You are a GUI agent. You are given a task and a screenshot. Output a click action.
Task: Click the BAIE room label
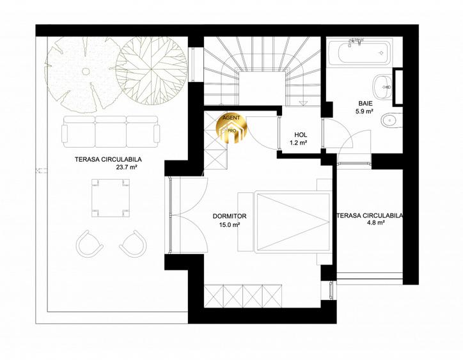click(x=364, y=103)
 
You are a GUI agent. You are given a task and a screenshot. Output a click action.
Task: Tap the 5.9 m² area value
click(x=364, y=111)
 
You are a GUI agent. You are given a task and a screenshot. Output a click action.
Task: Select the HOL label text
click(x=300, y=135)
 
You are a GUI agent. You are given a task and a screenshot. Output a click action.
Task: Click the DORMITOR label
click(x=229, y=216)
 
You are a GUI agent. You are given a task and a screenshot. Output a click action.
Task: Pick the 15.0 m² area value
click(x=229, y=224)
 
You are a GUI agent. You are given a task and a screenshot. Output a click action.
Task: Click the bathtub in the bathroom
click(x=363, y=51)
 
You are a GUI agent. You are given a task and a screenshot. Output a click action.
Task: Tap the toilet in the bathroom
click(x=389, y=120)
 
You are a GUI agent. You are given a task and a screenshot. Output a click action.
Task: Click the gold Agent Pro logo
click(x=231, y=126)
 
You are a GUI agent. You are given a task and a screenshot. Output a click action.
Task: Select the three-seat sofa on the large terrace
click(x=111, y=132)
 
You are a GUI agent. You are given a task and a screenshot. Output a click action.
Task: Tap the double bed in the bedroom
click(x=285, y=220)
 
